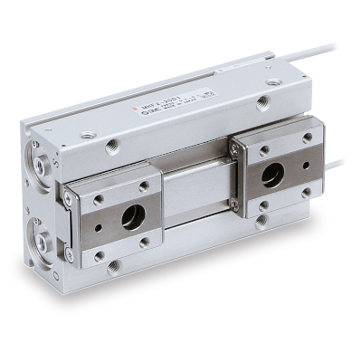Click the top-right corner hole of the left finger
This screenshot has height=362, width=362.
144,187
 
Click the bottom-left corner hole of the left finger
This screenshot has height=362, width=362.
99,255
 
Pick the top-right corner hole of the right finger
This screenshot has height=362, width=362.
308,138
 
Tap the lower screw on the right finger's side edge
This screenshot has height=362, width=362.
236,205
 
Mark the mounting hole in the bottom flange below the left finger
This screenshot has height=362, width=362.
113,267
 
